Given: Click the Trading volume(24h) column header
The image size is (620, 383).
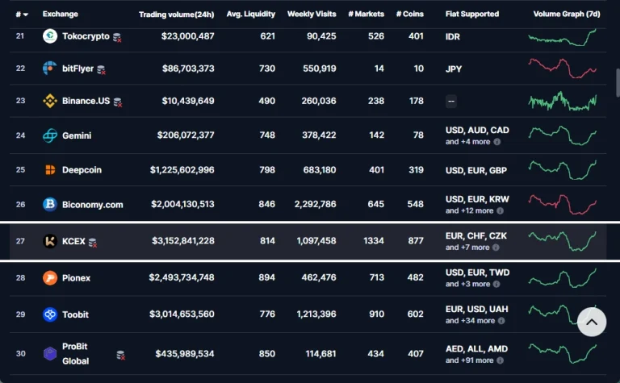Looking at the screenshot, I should pos(176,15).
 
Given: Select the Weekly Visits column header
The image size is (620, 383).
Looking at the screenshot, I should pos(312,15).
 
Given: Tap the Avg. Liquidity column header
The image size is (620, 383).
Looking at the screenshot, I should pos(250,15).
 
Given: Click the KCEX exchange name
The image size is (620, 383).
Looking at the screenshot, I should pos(73,241).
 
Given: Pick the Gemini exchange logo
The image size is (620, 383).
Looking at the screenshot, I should pos(50,135).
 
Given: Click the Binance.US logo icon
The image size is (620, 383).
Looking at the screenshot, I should pos(50,101).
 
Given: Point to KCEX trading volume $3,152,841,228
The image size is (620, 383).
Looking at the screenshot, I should pos(183,241).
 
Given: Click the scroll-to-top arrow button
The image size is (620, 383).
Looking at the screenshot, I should pos(591,323).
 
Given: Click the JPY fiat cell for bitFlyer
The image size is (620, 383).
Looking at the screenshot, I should pos(454,69).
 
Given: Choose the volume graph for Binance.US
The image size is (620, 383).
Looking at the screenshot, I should pos(562,101).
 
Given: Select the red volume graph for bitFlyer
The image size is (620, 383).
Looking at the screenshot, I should pos(562,69).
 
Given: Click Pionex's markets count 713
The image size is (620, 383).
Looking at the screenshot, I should pos(376,277).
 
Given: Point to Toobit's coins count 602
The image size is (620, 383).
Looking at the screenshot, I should pos(416,314).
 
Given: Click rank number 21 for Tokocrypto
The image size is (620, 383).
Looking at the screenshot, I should pos(20,36).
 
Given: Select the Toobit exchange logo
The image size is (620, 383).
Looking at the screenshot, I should pos(50,314).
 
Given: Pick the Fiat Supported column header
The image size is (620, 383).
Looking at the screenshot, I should pos(472,15).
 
